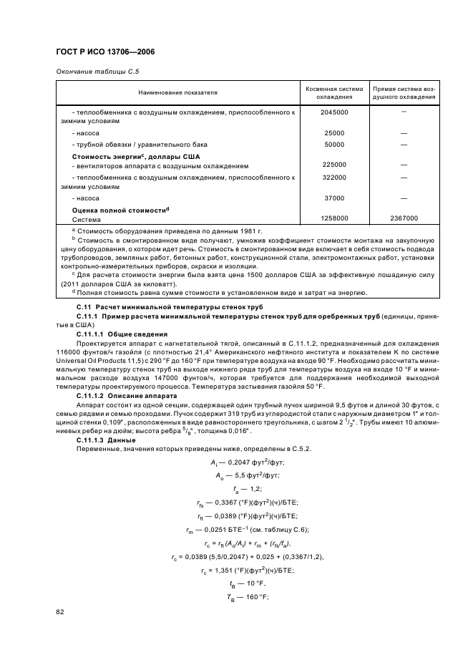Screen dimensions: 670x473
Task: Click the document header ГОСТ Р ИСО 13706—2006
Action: point(105,52)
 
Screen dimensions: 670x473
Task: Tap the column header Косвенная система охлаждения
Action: point(334,92)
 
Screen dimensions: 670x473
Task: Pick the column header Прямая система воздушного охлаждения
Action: point(404,92)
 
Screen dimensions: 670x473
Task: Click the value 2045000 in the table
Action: point(334,113)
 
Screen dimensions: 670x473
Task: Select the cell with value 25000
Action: point(334,133)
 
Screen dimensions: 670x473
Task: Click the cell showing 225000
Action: point(334,165)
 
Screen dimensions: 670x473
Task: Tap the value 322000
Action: point(334,177)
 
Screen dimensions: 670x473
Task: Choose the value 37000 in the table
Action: point(334,198)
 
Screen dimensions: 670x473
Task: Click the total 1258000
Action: point(334,219)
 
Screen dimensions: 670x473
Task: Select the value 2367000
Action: point(404,219)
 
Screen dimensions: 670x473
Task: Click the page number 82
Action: point(60,612)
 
